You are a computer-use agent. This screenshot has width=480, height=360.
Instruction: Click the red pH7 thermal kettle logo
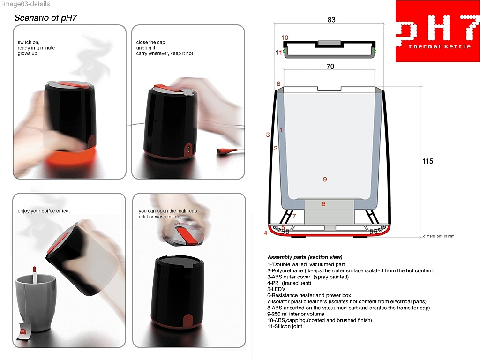coord(438,31)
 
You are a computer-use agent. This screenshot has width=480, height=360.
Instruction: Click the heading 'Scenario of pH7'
coord(45,18)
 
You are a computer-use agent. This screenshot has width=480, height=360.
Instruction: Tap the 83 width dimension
coord(331,20)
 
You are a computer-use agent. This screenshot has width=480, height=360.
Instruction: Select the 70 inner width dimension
coord(330,67)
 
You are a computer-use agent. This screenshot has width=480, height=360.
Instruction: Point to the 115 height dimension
coord(427,161)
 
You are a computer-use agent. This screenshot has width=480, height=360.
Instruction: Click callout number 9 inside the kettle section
coord(325,180)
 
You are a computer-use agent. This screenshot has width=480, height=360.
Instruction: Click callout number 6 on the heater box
coord(323,204)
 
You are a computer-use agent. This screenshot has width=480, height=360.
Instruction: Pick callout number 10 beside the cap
coord(285,37)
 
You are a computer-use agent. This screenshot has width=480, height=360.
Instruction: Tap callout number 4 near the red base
coord(265,233)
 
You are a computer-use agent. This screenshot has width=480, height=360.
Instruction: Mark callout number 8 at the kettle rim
coord(278,83)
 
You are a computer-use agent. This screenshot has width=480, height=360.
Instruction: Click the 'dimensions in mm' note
coord(439,236)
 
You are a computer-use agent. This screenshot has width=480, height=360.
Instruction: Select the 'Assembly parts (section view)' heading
coord(305,257)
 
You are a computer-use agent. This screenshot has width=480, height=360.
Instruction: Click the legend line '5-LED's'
coord(277,289)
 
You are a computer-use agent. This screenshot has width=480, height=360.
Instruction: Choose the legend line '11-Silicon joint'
coord(285,326)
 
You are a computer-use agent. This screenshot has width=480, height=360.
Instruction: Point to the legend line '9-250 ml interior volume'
coord(296,314)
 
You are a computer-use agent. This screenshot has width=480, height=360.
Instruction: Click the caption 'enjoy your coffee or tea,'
coord(44,211)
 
